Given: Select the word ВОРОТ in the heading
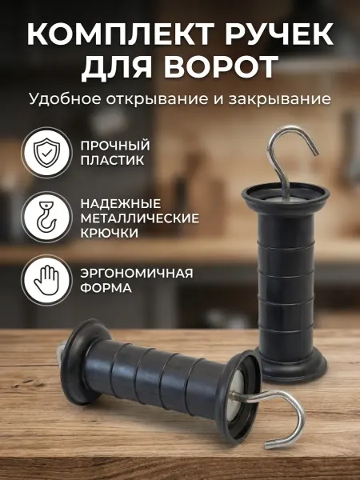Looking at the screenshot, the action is tap(221, 67).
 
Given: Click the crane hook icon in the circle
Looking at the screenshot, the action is tap(46, 217).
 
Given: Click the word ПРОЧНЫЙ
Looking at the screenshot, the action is tap(115, 146).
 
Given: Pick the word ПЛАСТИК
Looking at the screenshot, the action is tap(112, 161).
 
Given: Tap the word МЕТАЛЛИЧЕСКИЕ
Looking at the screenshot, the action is tap(140, 218).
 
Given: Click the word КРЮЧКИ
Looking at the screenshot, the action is tap(110, 234).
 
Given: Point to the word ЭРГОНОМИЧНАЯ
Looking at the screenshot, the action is tap(137, 273).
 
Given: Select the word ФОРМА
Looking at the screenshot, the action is tap(106, 288).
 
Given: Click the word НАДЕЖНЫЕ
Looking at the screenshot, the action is tap(121, 204).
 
